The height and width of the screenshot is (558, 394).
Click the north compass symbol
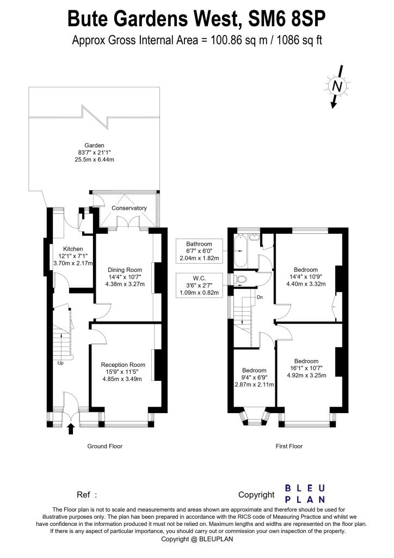tap(337, 86)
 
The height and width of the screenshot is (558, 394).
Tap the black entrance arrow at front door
tap(71, 429)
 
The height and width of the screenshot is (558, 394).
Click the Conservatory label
tap(129, 208)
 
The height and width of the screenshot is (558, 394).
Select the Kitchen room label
tap(72, 248)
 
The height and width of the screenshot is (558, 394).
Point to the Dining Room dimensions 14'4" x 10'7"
tap(125, 276)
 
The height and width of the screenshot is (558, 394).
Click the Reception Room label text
tap(123, 365)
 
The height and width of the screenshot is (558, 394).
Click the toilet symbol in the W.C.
tap(241, 279)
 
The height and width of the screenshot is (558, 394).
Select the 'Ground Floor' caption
tap(105, 446)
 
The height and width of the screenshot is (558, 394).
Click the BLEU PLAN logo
tap(305, 493)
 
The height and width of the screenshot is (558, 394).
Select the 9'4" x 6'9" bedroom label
tap(254, 377)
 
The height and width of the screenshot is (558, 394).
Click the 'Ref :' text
tap(87, 495)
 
